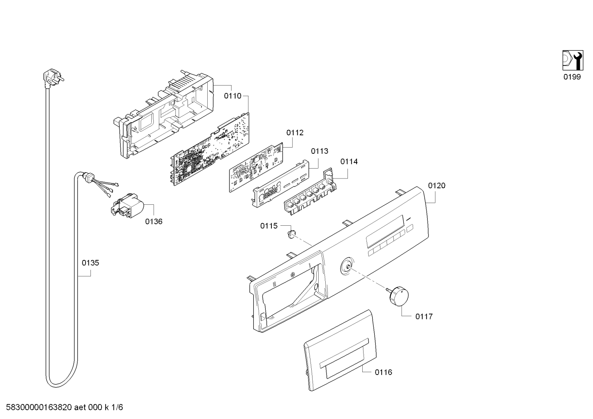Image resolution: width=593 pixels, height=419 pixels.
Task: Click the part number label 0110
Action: [233, 96]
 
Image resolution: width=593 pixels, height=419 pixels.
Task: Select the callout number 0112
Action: [295, 133]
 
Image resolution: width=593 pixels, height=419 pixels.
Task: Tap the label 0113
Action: [320, 151]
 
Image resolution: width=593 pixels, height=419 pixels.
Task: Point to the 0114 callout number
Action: [349, 162]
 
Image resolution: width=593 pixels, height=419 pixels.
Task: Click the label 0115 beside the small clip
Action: [269, 226]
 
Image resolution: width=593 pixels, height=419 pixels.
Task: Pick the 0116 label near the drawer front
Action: [383, 373]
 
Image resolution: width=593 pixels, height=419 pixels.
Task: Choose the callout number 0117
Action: [424, 316]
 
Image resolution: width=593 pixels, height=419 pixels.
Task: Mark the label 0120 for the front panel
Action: [437, 185]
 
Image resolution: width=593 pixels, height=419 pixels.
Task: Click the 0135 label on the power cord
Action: [90, 263]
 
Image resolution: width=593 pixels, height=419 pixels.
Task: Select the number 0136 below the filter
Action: [153, 221]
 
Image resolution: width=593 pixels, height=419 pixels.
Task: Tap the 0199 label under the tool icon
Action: [572, 77]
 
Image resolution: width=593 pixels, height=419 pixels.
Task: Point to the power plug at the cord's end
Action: [53, 79]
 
